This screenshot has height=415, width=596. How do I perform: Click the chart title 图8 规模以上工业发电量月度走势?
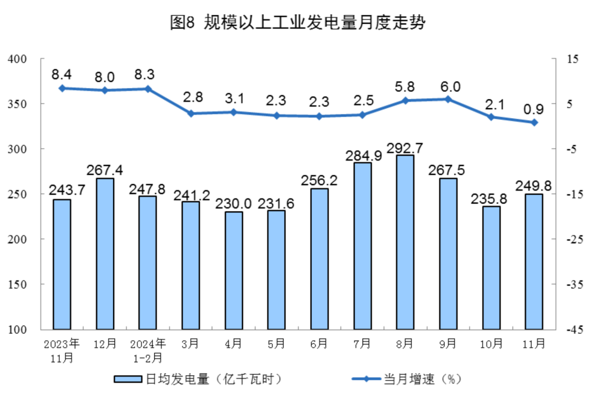pos(298,23)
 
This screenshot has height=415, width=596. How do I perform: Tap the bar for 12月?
pos(105,253)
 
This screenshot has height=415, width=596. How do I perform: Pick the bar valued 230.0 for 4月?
pos(233,270)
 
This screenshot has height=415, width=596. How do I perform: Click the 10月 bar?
pos(491,268)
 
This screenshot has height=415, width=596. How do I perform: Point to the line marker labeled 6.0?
pos(448,99)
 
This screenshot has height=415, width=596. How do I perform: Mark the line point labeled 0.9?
pos(534,123)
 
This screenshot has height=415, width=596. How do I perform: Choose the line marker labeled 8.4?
pos(62,88)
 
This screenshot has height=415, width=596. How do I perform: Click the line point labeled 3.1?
pos(233,112)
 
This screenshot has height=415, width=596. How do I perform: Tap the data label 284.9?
pos(363,156)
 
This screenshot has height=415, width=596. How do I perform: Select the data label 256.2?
pos(319,181)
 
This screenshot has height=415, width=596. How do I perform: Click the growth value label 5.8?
pos(405,87)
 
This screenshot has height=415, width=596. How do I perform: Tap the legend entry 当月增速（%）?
pos(406,379)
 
